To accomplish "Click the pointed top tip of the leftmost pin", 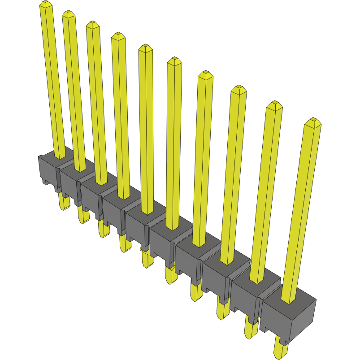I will (44, 3).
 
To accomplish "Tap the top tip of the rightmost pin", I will (312, 121).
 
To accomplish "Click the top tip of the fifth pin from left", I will (145, 47).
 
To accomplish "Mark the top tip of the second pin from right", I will (274, 104).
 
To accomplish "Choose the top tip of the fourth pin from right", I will (205, 74).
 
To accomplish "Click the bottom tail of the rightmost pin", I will (280, 350).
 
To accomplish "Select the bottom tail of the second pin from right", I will (251, 330).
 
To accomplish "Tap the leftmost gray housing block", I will (48, 170).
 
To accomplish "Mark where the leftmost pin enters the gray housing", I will (59, 156).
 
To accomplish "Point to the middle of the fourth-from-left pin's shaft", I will (120, 117).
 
